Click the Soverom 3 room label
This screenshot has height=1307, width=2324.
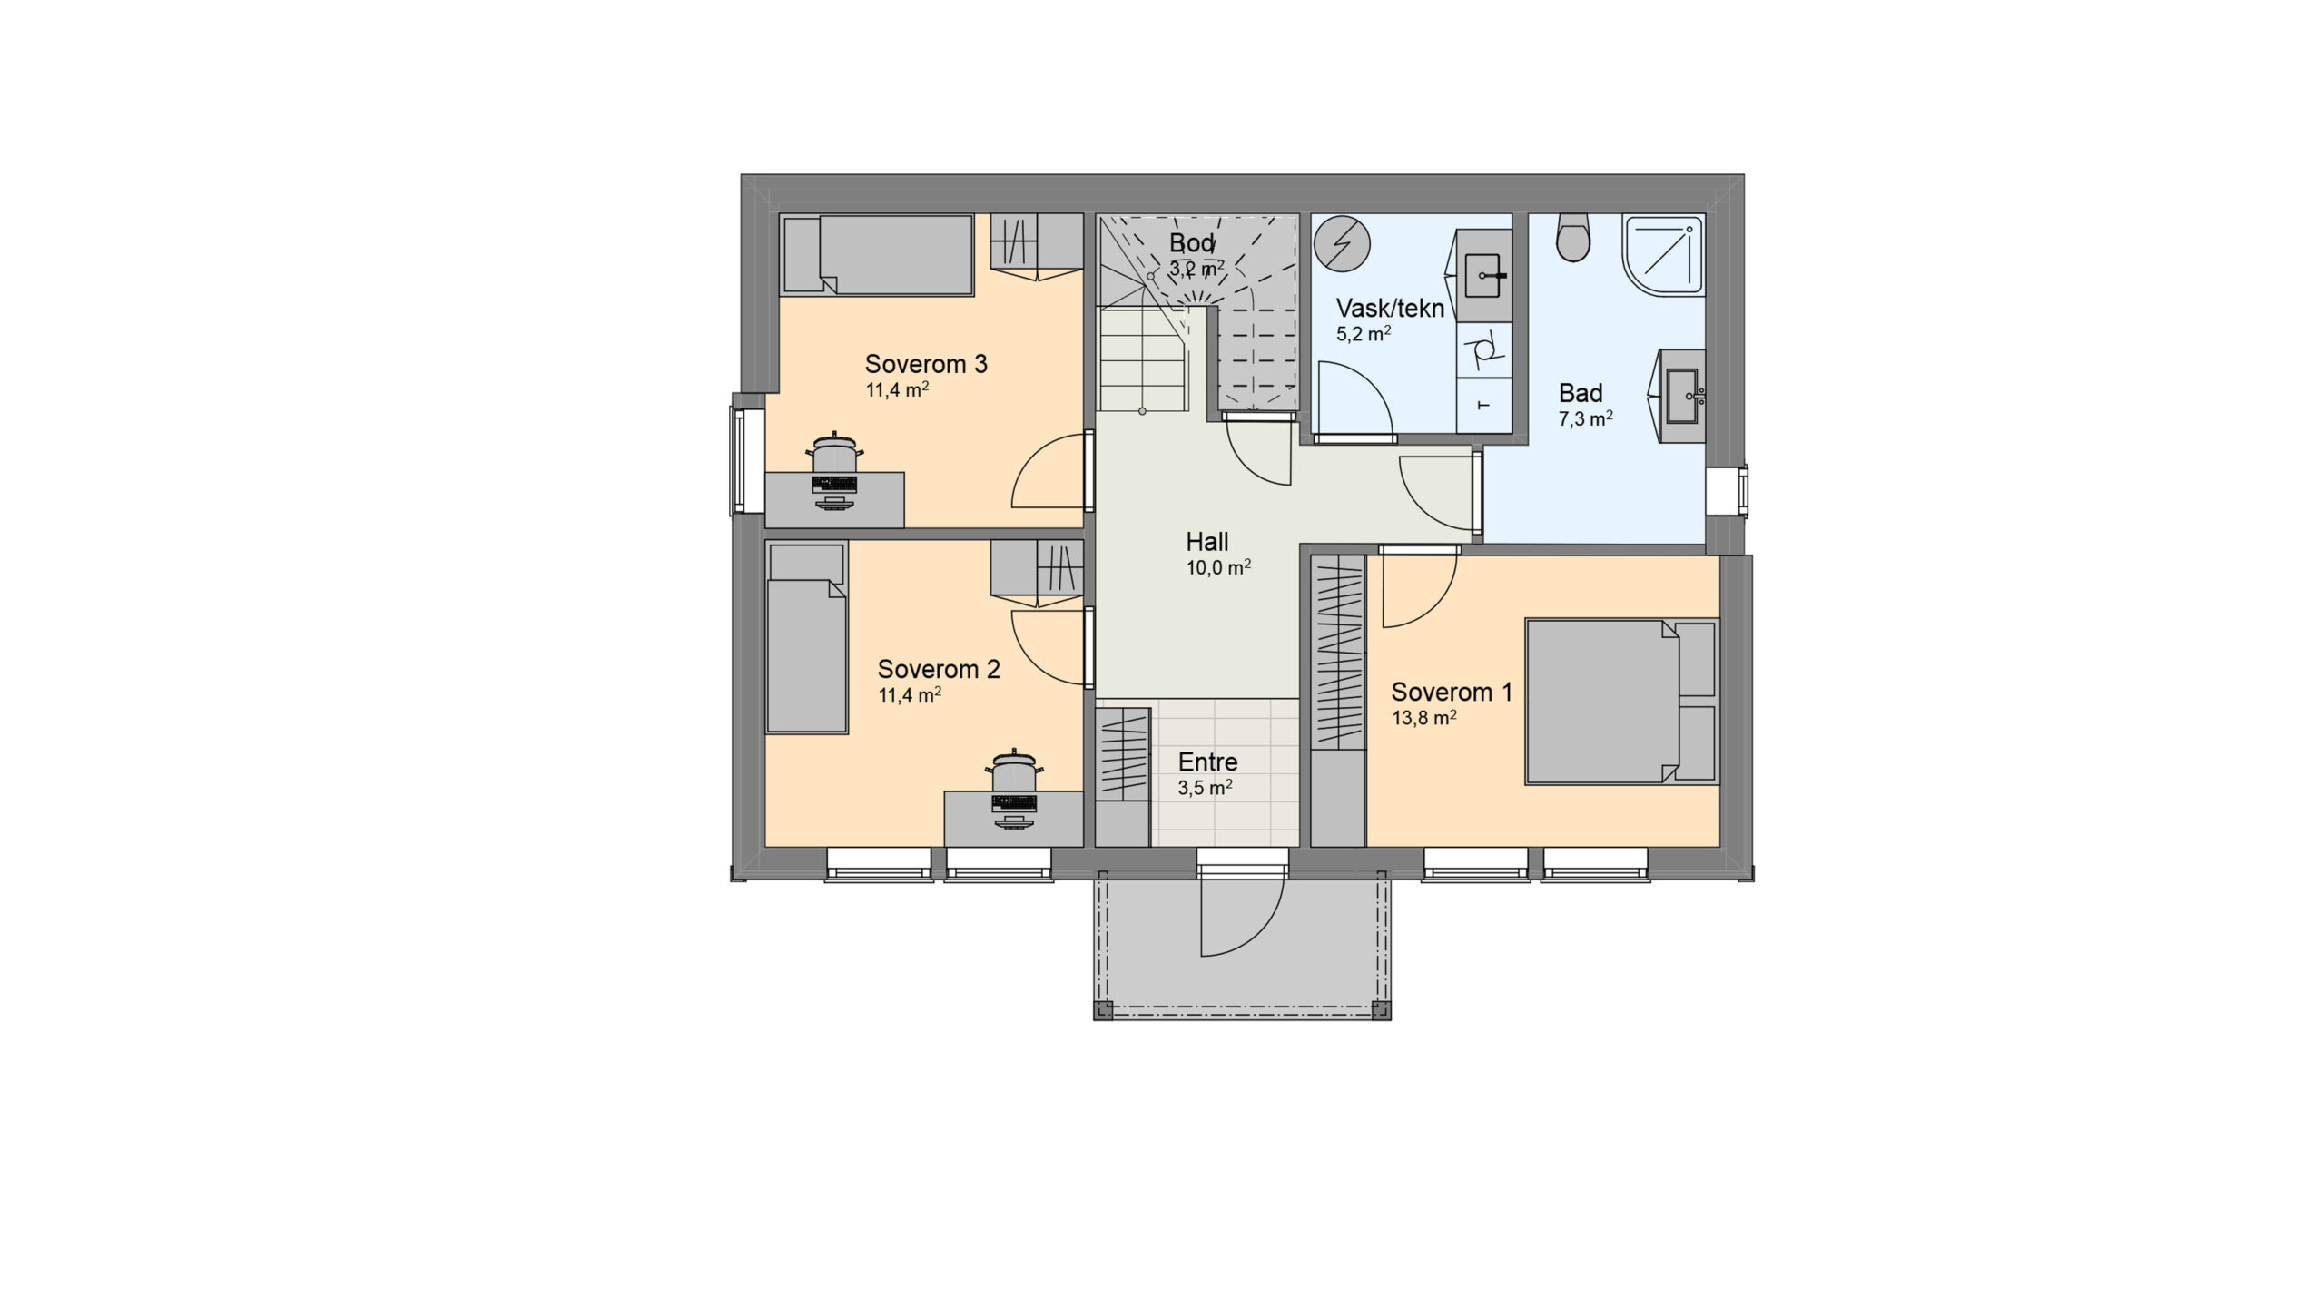click(926, 364)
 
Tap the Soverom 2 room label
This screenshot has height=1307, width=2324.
click(939, 669)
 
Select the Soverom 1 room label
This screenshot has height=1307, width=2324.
click(1452, 692)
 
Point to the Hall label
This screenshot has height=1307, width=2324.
click(1206, 542)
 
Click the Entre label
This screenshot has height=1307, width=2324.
click(1207, 762)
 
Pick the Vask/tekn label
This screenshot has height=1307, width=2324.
click(1390, 309)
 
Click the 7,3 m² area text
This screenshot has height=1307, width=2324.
click(1585, 419)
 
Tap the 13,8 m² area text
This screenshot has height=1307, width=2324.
click(1424, 718)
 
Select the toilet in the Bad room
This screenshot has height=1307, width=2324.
click(1573, 238)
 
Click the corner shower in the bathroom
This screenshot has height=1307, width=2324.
click(1663, 254)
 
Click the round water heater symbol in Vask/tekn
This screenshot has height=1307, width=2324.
click(1343, 243)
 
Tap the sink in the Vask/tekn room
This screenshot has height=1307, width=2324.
click(1484, 273)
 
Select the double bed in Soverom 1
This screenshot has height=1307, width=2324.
click(1622, 702)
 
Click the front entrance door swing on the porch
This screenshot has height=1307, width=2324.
click(1242, 912)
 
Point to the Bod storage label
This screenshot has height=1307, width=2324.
click(1192, 243)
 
